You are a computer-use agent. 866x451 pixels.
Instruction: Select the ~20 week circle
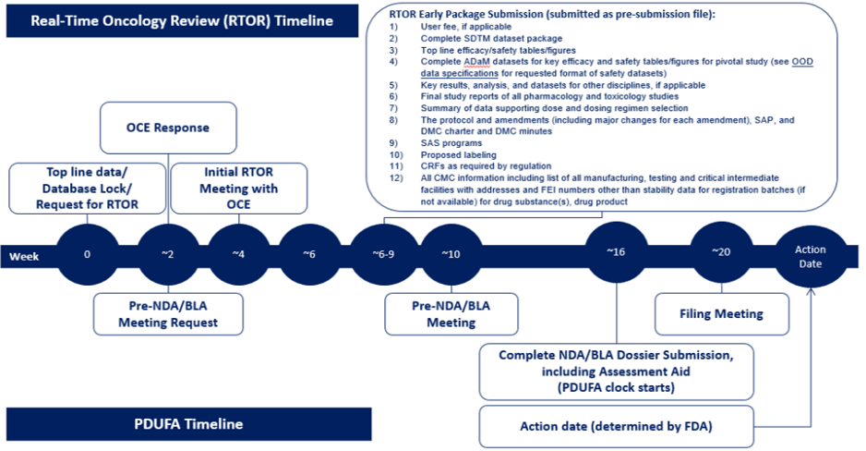[720, 251]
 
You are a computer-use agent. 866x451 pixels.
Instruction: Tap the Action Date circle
[810, 256]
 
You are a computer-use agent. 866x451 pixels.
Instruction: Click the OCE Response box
[168, 128]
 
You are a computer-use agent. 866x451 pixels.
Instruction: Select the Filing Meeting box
[722, 313]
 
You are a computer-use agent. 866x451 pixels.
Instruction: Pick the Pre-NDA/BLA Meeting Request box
[169, 313]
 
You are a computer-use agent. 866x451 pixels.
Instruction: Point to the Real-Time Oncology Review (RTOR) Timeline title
[182, 19]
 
